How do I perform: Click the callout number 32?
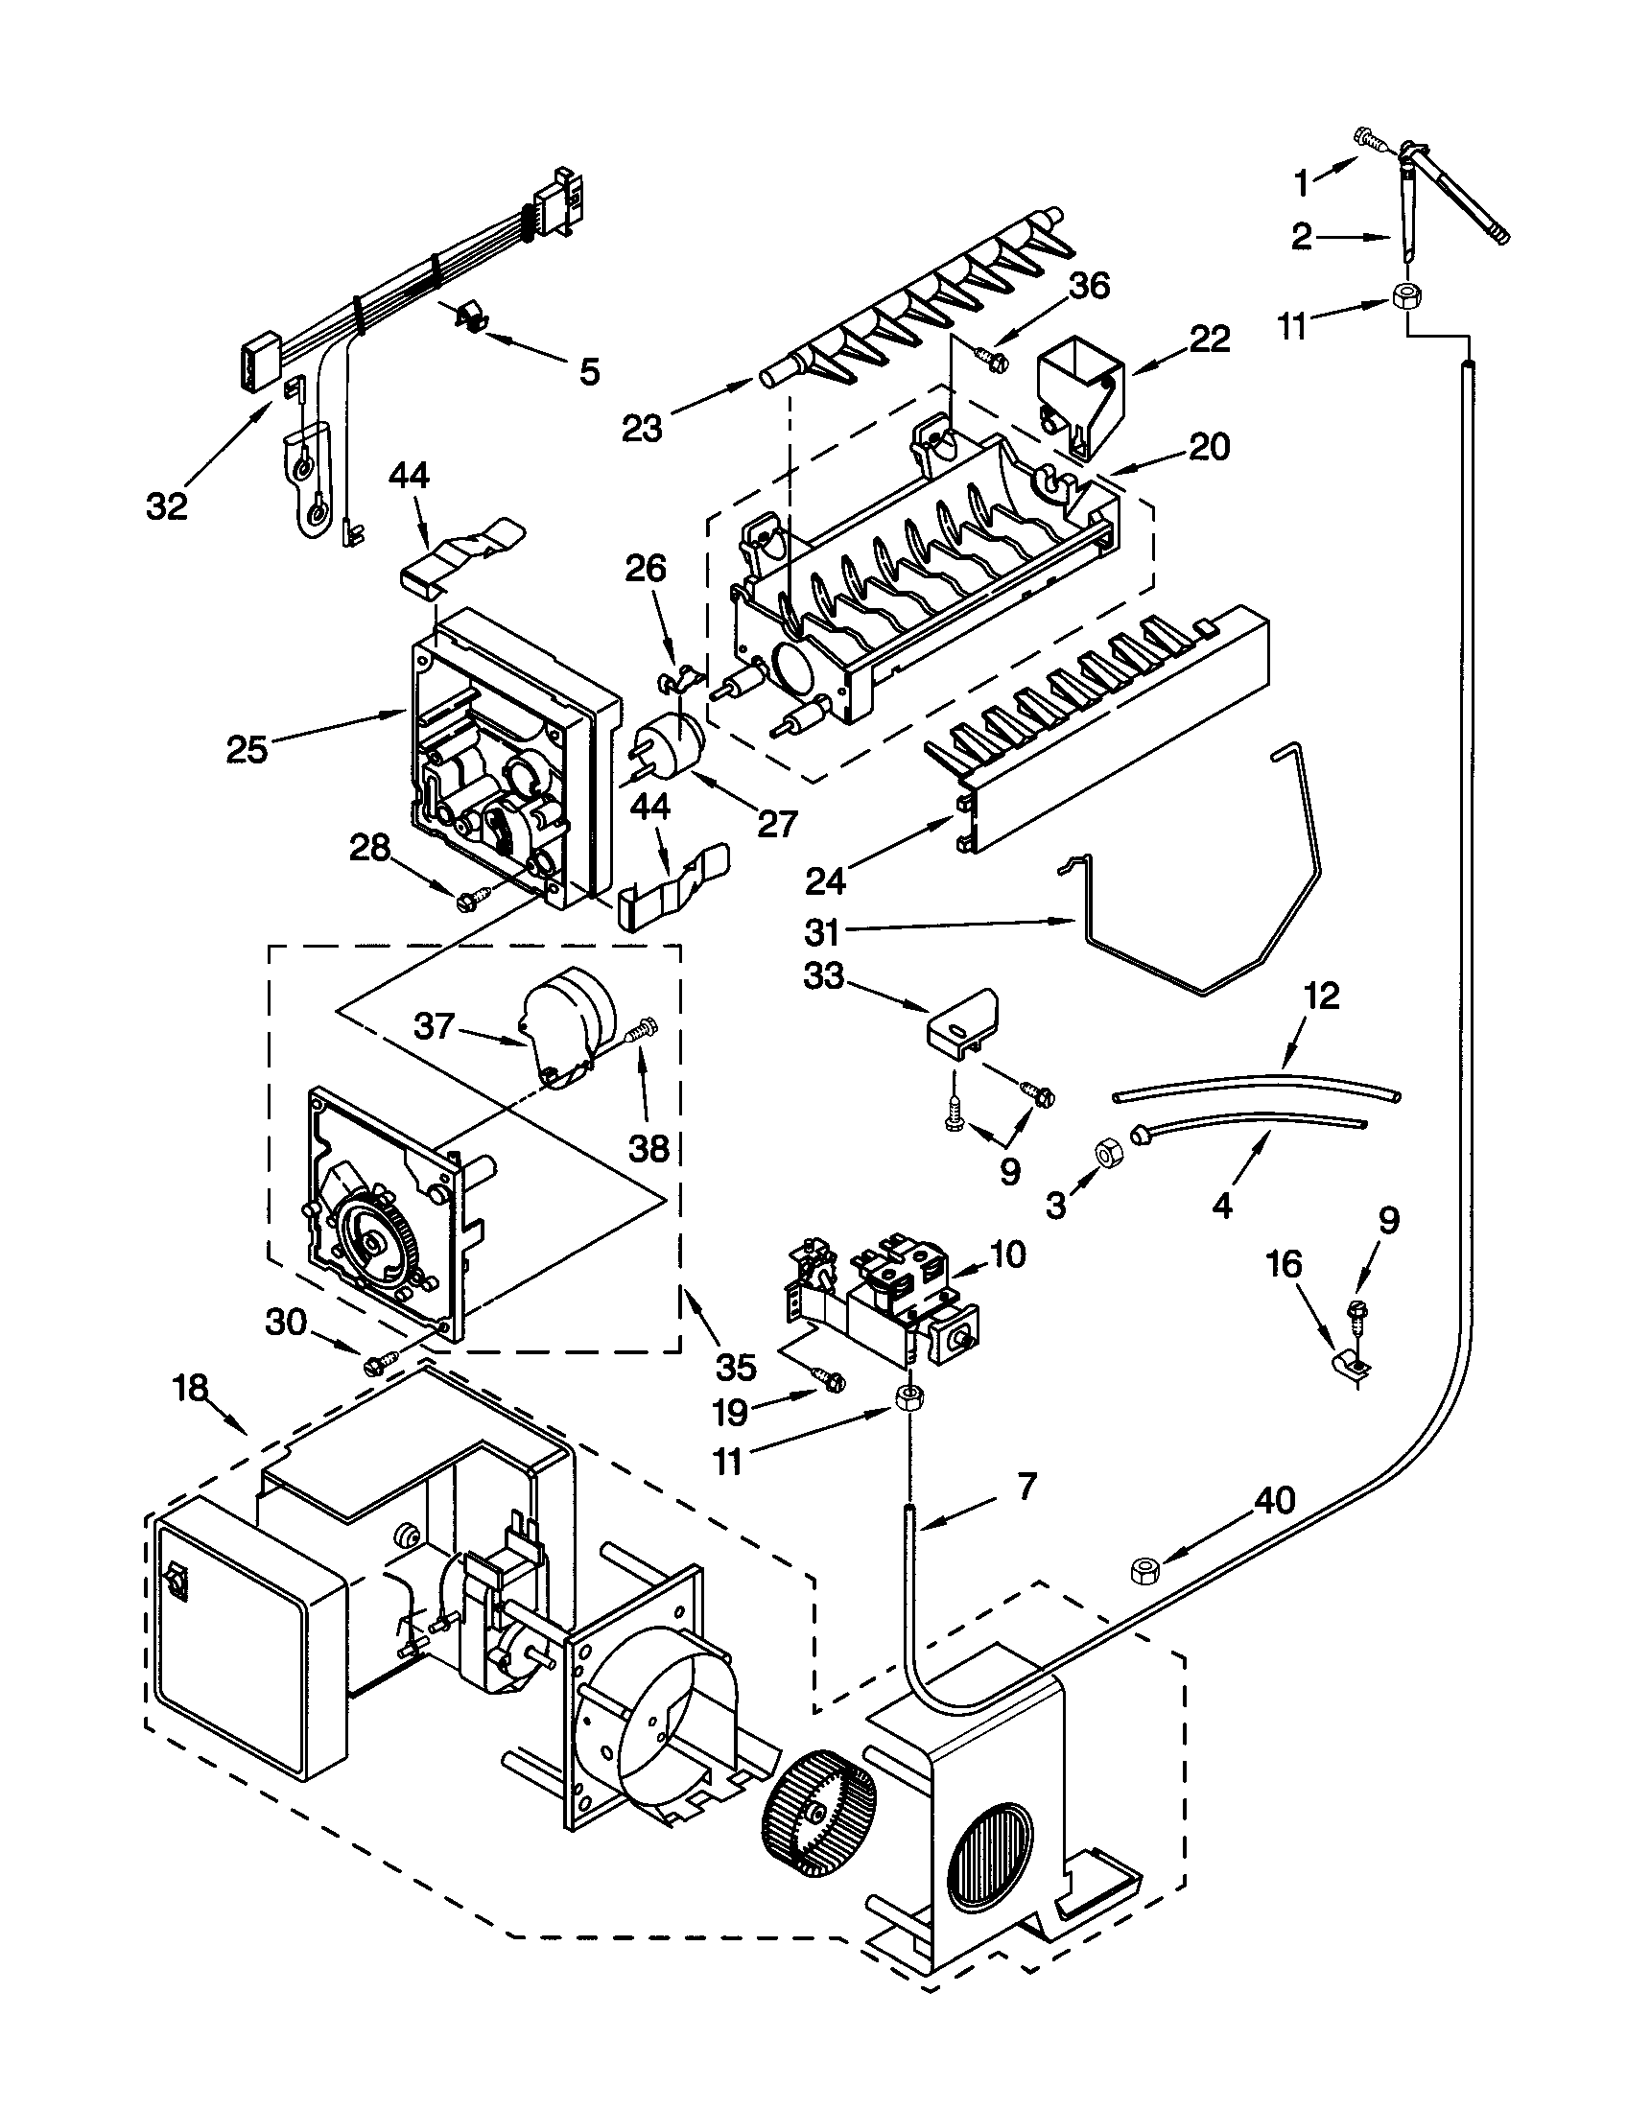pos(166,506)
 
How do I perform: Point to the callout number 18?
pos(191,1389)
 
